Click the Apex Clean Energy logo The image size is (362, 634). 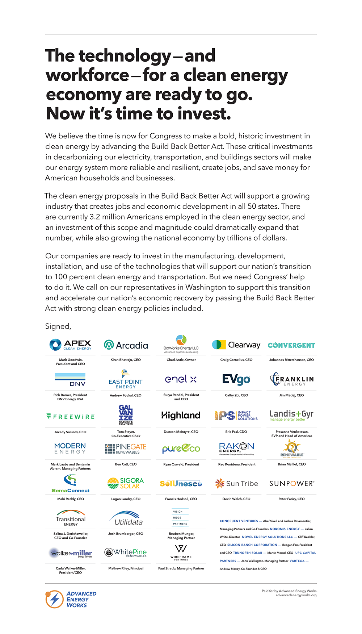click(x=70, y=345)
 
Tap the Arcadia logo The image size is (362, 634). click(x=126, y=345)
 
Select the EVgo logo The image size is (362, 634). click(x=236, y=379)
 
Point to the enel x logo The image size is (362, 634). click(x=181, y=379)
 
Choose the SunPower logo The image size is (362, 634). click(x=291, y=484)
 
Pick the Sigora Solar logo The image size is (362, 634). click(x=126, y=483)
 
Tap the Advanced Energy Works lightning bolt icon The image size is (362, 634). click(x=54, y=599)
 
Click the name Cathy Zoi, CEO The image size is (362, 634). click(x=236, y=395)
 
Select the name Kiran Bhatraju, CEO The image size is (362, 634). click(x=126, y=360)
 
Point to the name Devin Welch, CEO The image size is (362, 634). click(x=236, y=499)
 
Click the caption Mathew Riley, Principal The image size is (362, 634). click(x=126, y=568)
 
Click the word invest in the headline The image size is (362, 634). click(x=205, y=114)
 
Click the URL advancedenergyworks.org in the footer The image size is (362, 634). click(x=296, y=595)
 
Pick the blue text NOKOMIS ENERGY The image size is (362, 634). click(x=285, y=529)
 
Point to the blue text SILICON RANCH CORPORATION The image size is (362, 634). click(x=252, y=545)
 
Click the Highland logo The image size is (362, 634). click(x=181, y=416)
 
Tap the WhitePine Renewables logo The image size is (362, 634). click(x=126, y=552)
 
